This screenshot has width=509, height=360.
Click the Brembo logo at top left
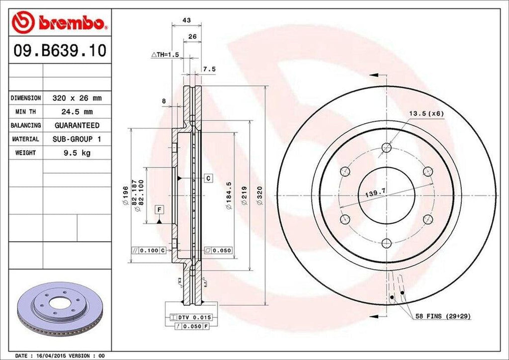(59, 22)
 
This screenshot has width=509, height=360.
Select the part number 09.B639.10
(59, 51)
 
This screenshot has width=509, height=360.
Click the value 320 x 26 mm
(77, 98)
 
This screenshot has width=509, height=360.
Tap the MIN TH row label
(25, 112)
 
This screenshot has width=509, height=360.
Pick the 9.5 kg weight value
(77, 153)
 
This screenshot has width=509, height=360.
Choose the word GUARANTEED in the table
(77, 125)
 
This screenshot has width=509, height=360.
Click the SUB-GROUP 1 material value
(77, 139)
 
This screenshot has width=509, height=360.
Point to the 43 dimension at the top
(187, 20)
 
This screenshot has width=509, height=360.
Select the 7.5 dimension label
(209, 70)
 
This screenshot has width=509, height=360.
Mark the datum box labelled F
(159, 209)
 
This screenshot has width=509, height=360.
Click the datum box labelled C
(208, 178)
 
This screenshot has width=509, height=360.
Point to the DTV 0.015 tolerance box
(191, 317)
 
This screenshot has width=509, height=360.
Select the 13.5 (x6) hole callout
(426, 113)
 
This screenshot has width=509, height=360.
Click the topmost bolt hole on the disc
(386, 147)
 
